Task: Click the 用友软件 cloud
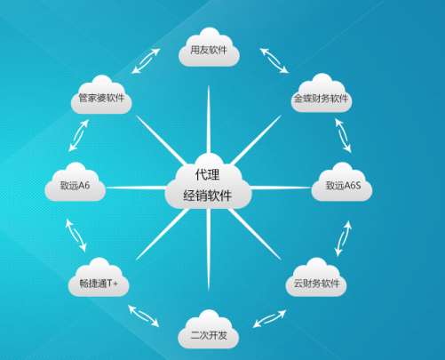(x=209, y=48)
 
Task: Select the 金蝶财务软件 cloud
(x=322, y=94)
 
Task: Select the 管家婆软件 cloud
(x=101, y=95)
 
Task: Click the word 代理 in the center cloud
(x=208, y=175)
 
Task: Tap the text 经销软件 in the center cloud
(x=208, y=196)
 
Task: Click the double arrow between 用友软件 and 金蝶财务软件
(x=274, y=60)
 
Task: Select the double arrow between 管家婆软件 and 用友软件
(x=146, y=60)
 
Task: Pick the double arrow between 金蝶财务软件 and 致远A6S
(x=343, y=135)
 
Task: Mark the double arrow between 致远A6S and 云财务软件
(x=344, y=238)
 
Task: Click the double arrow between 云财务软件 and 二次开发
(x=269, y=318)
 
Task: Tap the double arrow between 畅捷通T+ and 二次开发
(x=144, y=316)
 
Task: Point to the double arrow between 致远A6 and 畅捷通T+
(x=75, y=236)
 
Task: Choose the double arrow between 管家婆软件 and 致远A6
(x=78, y=135)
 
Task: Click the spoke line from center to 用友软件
(x=209, y=120)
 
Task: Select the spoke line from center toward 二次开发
(x=209, y=250)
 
